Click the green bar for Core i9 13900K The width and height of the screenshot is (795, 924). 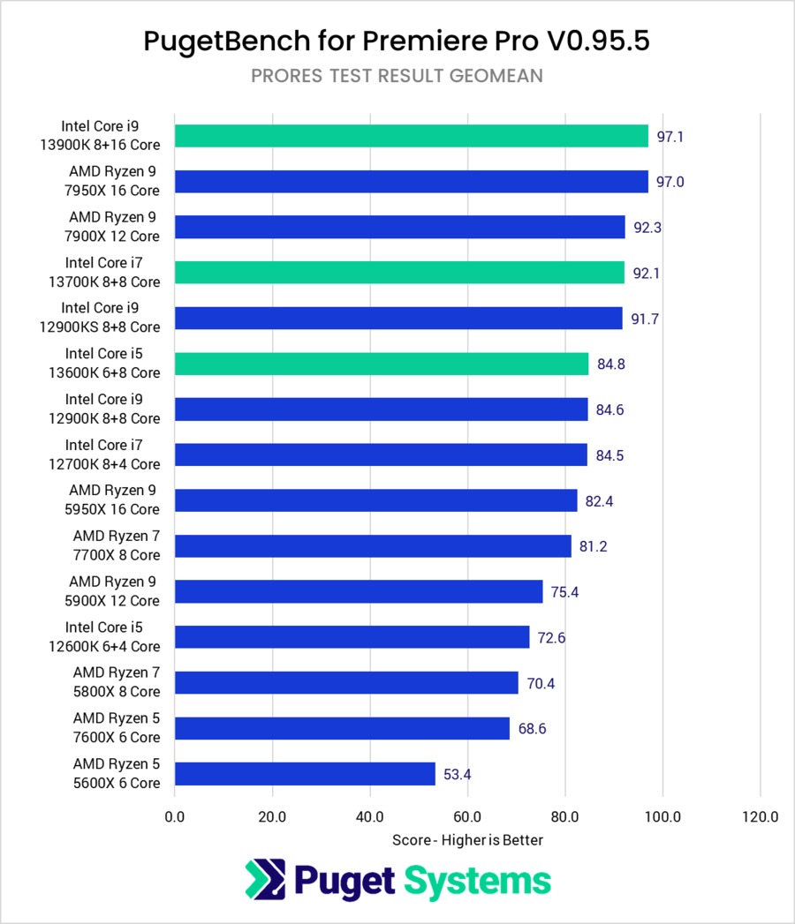(x=411, y=136)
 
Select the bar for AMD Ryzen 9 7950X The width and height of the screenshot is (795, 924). (x=411, y=182)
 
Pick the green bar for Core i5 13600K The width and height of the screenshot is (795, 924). (x=382, y=364)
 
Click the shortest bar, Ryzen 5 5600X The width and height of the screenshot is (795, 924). (x=305, y=774)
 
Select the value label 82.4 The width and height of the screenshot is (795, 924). (x=600, y=501)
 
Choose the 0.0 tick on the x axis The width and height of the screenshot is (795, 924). (x=175, y=817)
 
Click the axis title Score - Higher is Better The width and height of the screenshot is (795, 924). (x=467, y=840)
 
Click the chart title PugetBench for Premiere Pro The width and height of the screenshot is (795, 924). (x=397, y=41)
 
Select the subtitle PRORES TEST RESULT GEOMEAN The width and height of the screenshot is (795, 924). (x=397, y=76)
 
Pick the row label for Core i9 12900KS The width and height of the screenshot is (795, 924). (x=111, y=318)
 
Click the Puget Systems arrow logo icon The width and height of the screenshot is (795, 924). (x=265, y=880)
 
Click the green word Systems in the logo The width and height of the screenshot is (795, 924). (x=477, y=880)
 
